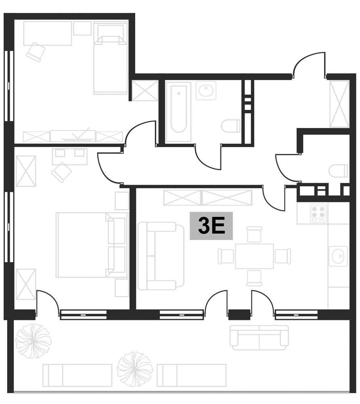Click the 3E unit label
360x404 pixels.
[211, 226]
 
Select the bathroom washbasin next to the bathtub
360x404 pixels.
[206, 90]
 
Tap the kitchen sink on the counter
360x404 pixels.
[338, 256]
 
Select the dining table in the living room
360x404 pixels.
[254, 256]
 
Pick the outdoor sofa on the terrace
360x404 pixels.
[259, 337]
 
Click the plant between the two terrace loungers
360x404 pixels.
[134, 368]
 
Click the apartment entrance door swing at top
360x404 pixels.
[310, 65]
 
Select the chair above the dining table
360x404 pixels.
[254, 234]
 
